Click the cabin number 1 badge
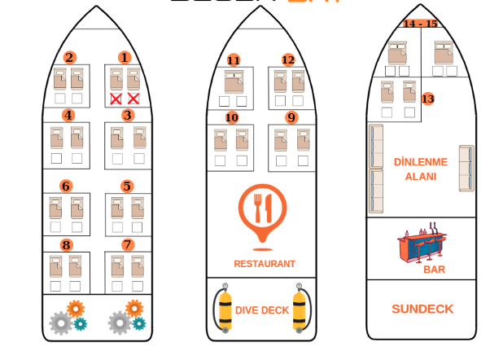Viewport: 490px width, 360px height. [x=125, y=58]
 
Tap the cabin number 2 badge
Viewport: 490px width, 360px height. [x=70, y=58]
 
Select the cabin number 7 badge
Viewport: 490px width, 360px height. [x=128, y=244]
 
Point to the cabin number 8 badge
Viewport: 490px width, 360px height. [x=67, y=244]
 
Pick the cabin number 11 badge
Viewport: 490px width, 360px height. [x=234, y=60]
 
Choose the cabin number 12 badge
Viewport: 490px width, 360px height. [x=288, y=60]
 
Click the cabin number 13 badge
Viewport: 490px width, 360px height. [x=428, y=99]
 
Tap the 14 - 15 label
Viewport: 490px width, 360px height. [x=420, y=24]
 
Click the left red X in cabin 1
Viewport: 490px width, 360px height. [x=116, y=99]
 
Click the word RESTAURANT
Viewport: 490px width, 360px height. [x=264, y=264]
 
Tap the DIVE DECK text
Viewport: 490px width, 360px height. [x=262, y=310]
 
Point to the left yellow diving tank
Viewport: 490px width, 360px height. [x=225, y=307]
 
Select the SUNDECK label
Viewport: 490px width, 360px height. [x=422, y=310]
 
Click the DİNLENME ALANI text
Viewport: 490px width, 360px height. [x=420, y=169]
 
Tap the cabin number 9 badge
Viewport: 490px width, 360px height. [x=291, y=117]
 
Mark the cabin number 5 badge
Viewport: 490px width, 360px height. [x=127, y=186]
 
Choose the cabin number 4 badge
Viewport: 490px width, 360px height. [x=68, y=115]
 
